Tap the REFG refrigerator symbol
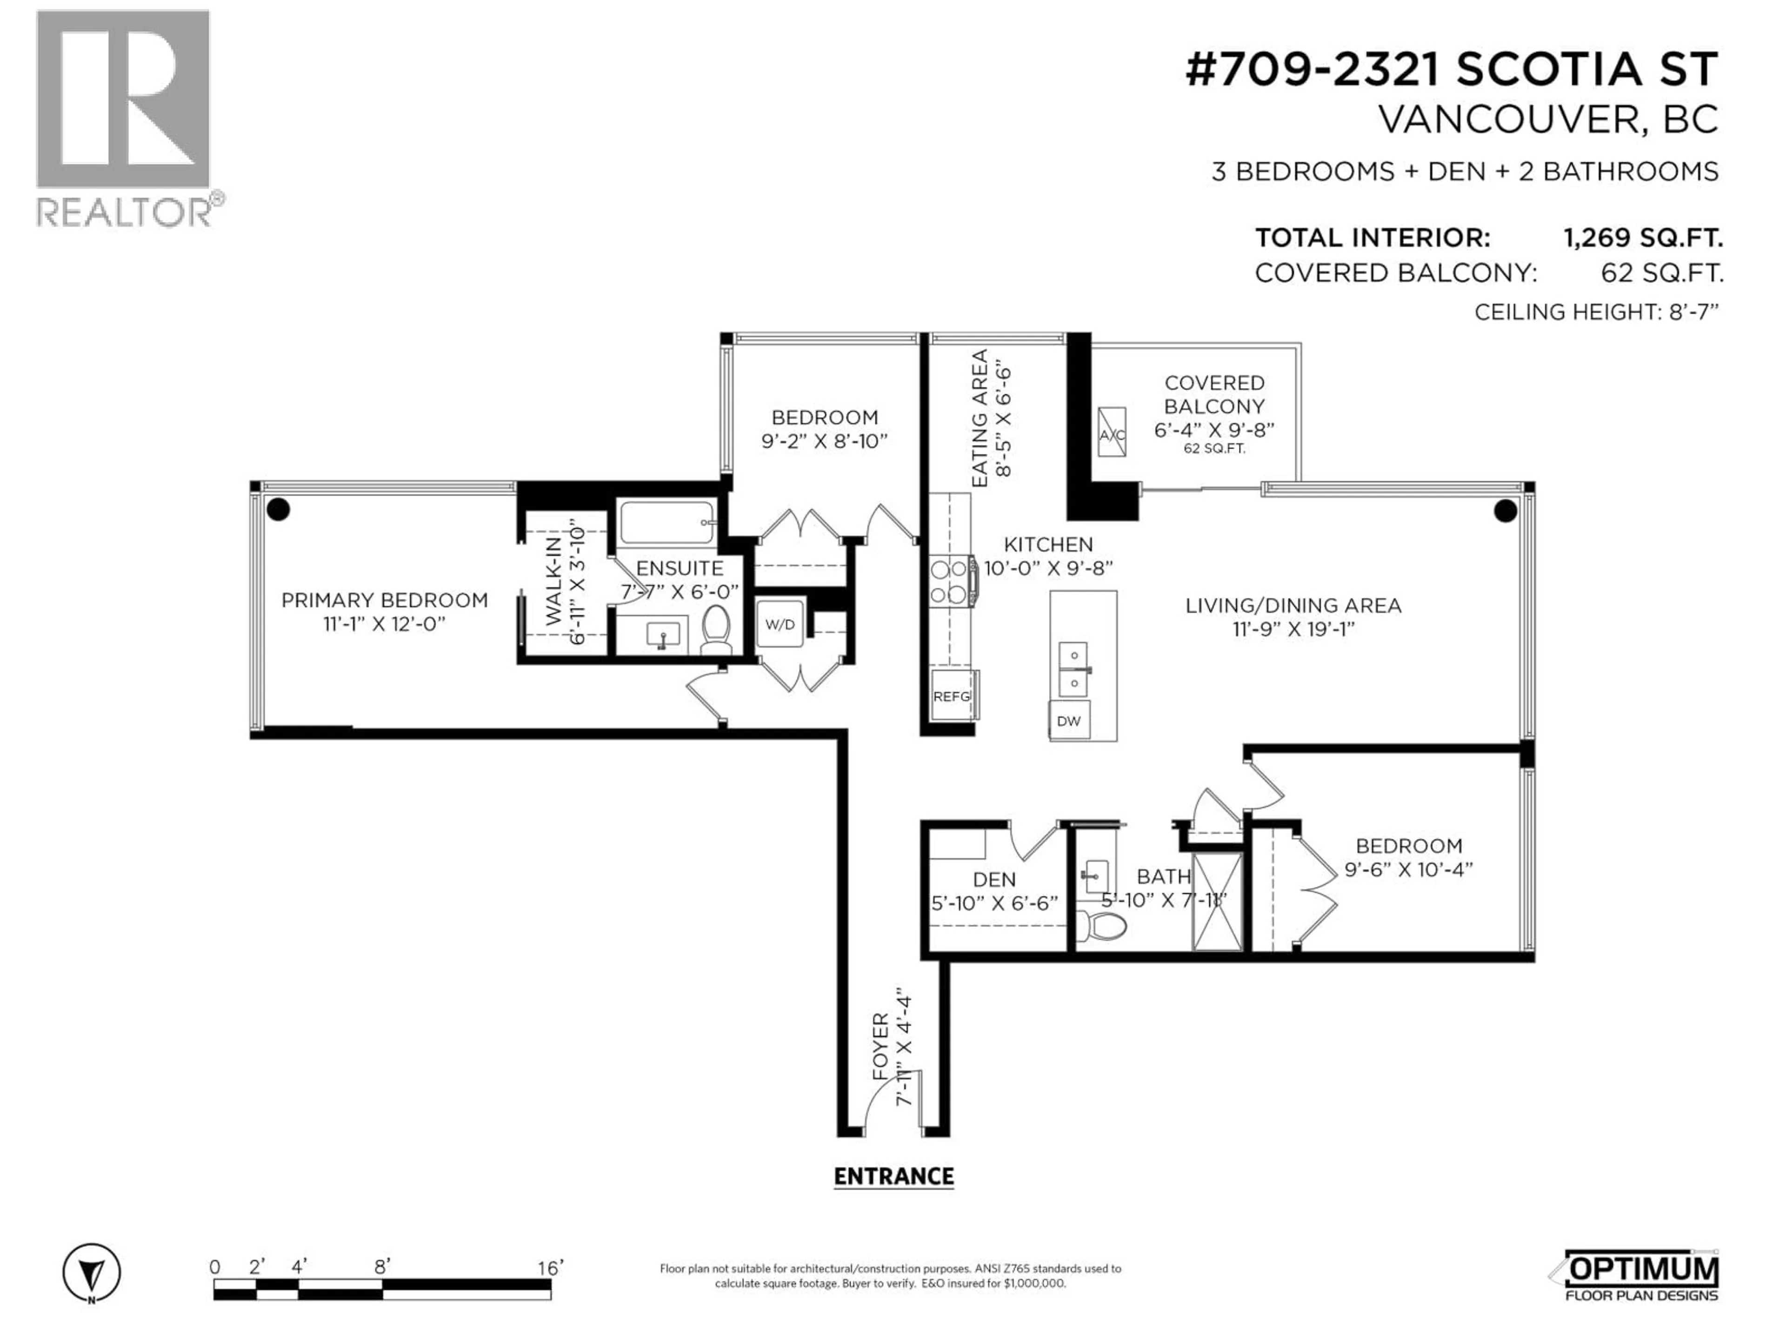pos(952,695)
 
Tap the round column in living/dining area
pos(1505,510)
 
